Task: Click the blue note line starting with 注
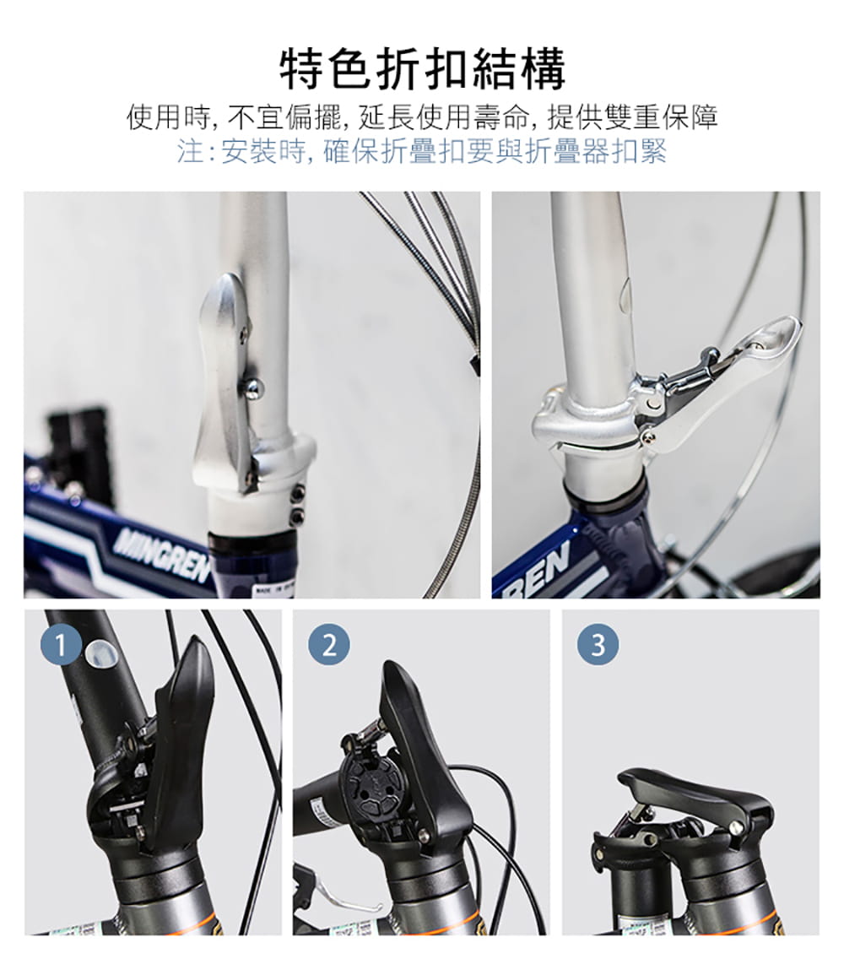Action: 422,152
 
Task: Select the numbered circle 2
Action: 329,646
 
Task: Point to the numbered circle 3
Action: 598,646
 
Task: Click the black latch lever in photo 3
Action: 692,794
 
